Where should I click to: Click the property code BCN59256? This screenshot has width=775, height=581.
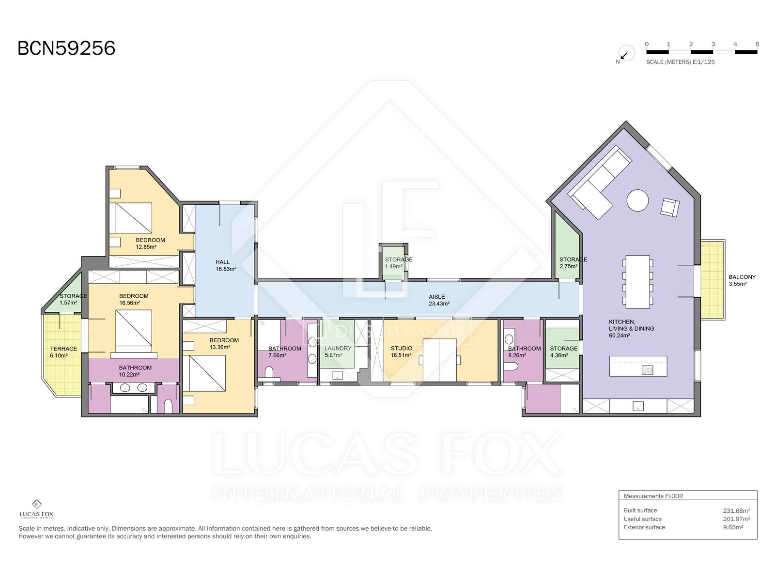tap(66, 48)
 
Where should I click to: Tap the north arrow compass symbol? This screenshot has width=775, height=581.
tap(626, 54)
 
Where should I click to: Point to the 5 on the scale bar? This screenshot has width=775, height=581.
tap(757, 44)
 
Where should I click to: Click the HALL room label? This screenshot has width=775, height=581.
tap(222, 262)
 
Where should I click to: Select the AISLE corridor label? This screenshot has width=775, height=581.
tap(437, 297)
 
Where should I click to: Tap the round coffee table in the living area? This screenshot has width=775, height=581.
tap(637, 200)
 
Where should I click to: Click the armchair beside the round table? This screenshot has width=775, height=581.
tap(670, 207)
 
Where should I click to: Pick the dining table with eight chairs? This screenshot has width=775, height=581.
tap(637, 281)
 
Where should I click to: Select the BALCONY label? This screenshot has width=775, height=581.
tap(742, 277)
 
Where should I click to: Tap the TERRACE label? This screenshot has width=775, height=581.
tap(63, 349)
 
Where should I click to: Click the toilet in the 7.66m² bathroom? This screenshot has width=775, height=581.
tap(269, 373)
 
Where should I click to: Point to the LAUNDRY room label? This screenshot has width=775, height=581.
tap(338, 348)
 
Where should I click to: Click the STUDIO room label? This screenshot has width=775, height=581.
tap(402, 348)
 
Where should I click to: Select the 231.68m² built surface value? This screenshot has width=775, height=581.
tap(737, 510)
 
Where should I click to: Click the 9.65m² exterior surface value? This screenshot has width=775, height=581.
tap(733, 527)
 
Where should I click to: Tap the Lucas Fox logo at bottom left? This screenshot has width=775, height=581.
tap(37, 509)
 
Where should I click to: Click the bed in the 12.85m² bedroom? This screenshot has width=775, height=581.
tap(131, 218)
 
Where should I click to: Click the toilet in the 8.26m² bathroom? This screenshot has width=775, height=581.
tap(511, 367)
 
